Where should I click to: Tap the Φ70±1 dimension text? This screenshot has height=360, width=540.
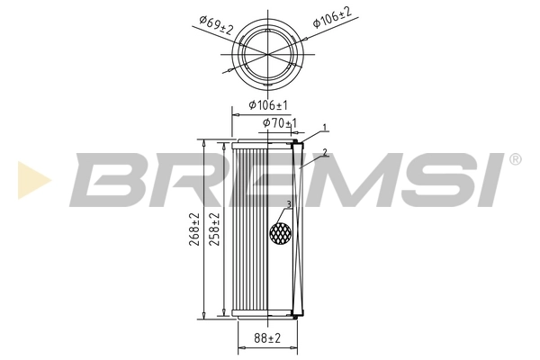279,122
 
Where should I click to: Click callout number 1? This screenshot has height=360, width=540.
325,129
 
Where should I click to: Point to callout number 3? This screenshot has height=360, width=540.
288,204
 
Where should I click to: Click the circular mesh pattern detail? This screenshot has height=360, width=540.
282,232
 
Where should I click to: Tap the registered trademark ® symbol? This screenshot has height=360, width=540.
514,160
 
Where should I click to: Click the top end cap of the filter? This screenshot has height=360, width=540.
265,142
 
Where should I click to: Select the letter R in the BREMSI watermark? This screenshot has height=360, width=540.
179,178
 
